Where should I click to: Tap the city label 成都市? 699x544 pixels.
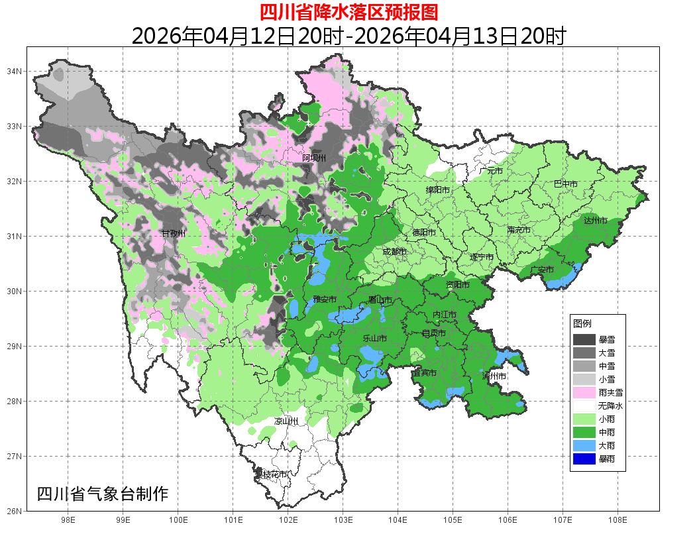pyautogui.click(x=395, y=252)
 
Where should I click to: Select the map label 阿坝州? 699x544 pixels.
pyautogui.click(x=314, y=158)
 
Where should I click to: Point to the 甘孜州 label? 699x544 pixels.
pyautogui.click(x=174, y=233)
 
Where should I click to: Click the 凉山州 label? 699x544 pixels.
pyautogui.click(x=286, y=421)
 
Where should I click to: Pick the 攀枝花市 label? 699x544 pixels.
pyautogui.click(x=272, y=474)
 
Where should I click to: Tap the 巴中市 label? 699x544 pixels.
pyautogui.click(x=565, y=184)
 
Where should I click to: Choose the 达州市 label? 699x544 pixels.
pyautogui.click(x=596, y=220)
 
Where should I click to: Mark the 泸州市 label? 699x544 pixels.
pyautogui.click(x=494, y=376)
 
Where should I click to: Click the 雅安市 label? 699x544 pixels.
pyautogui.click(x=325, y=299)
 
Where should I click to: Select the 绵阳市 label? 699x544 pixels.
pyautogui.click(x=437, y=190)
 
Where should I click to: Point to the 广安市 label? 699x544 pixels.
pyautogui.click(x=542, y=270)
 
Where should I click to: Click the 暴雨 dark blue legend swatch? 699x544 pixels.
pyautogui.click(x=584, y=459)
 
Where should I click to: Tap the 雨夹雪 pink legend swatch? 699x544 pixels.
pyautogui.click(x=584, y=392)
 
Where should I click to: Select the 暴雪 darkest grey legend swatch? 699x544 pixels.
pyautogui.click(x=584, y=339)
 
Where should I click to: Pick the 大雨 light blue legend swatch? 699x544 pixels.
pyautogui.click(x=584, y=445)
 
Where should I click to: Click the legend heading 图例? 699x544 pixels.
pyautogui.click(x=582, y=323)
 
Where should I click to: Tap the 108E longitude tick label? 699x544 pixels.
pyautogui.click(x=618, y=521)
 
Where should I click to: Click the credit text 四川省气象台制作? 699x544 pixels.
pyautogui.click(x=103, y=494)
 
